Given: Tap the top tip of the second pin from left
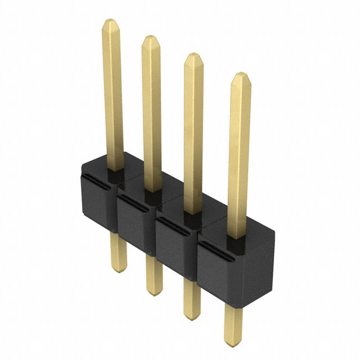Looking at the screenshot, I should click(x=150, y=40).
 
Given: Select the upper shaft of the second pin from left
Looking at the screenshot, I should click(x=152, y=112).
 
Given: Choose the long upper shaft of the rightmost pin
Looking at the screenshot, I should click(x=239, y=157).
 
